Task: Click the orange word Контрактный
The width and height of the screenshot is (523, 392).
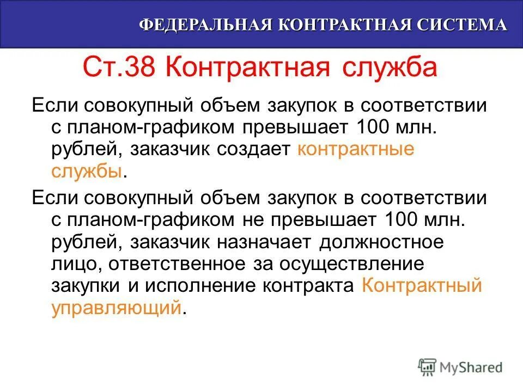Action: pos(422,286)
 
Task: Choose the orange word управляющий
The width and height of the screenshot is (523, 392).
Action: pos(116,308)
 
